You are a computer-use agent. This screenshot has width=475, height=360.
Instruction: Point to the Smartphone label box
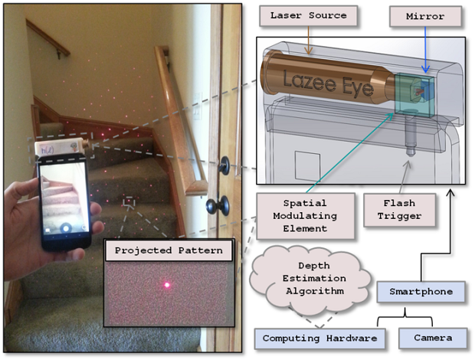[418, 291]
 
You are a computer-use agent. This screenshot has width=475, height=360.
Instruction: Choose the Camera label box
[426, 338]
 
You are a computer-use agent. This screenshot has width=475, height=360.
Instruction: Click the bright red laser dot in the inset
[166, 285]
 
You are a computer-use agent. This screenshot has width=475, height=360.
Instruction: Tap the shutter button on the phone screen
[67, 227]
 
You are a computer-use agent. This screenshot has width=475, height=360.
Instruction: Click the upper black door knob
[225, 164]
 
